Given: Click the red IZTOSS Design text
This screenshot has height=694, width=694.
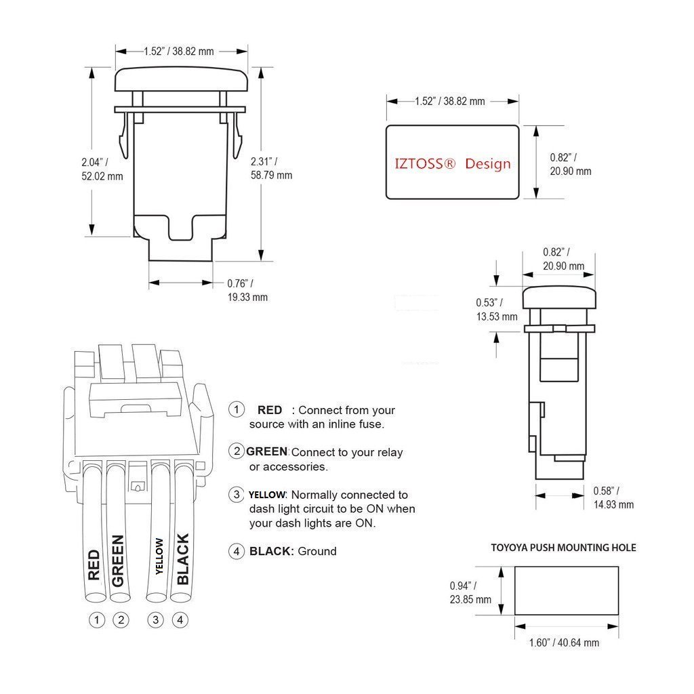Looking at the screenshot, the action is (x=453, y=163).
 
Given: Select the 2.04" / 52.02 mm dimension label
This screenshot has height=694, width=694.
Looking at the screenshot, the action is (x=101, y=169).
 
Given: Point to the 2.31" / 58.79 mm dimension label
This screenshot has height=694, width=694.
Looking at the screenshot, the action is (x=271, y=168).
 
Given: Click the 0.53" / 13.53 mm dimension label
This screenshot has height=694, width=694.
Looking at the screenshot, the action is (x=496, y=309).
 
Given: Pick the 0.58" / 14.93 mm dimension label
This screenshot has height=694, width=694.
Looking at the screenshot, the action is (x=613, y=497).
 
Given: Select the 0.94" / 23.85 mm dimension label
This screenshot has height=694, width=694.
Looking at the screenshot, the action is (x=470, y=592).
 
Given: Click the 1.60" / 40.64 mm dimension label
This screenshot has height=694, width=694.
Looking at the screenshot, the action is (x=564, y=642).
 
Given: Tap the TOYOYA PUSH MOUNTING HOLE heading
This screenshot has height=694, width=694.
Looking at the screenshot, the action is (x=563, y=547).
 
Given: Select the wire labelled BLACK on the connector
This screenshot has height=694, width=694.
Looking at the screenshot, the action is (x=182, y=542).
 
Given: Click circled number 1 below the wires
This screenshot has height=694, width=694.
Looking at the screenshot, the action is (x=98, y=619).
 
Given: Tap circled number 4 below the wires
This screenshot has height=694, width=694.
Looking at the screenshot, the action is (x=180, y=619).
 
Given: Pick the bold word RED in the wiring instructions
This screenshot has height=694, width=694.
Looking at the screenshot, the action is (x=270, y=410).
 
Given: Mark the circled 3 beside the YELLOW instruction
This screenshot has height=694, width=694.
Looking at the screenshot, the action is (x=237, y=494).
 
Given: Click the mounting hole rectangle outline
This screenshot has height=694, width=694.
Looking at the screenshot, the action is (x=567, y=591).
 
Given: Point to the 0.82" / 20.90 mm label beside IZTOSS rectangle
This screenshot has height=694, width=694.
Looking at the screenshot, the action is (x=570, y=164).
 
